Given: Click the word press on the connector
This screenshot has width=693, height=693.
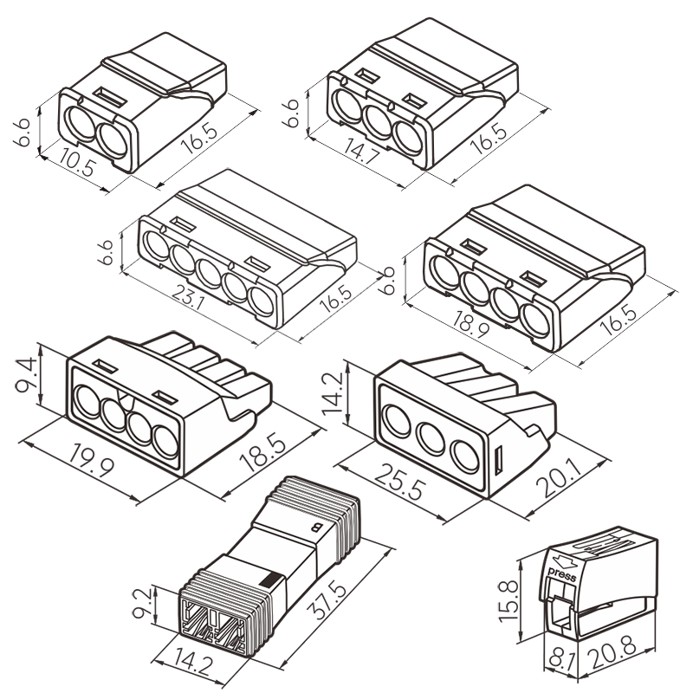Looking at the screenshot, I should tap(563, 573).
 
